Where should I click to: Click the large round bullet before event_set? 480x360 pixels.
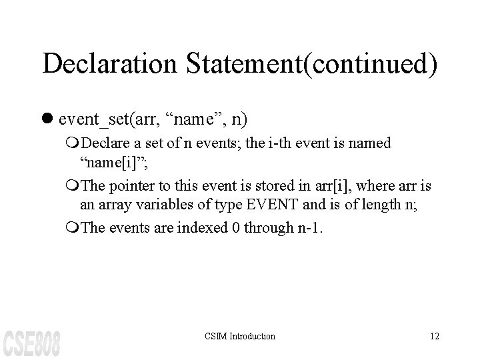pyautogui.click(x=49, y=121)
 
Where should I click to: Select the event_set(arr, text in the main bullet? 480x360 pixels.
pyautogui.click(x=111, y=121)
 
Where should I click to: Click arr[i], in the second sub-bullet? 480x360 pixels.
pyautogui.click(x=319, y=186)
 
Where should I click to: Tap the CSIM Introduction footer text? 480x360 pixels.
pyautogui.click(x=239, y=336)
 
